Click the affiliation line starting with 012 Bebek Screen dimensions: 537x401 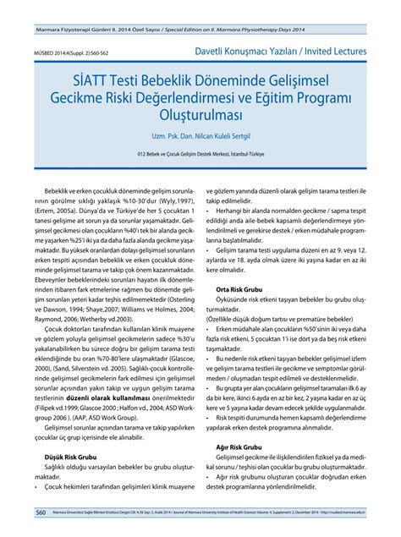pyautogui.click(x=200, y=156)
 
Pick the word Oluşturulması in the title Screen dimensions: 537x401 pyautogui.click(x=200, y=114)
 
